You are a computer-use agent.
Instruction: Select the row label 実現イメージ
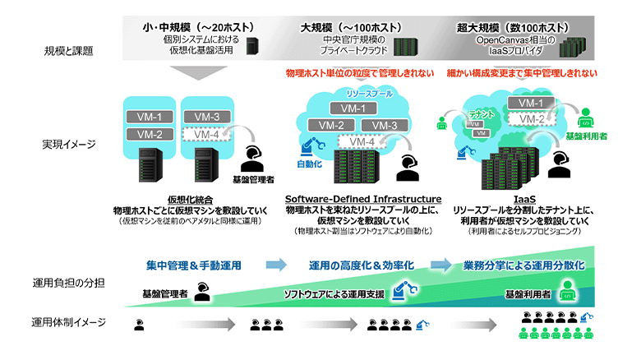tap(68, 144)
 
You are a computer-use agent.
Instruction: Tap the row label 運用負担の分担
tap(68, 283)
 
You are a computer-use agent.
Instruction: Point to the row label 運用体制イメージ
tap(68, 321)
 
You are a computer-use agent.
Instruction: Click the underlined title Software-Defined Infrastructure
tap(363, 200)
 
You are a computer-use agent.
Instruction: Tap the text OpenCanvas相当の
tap(514, 39)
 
